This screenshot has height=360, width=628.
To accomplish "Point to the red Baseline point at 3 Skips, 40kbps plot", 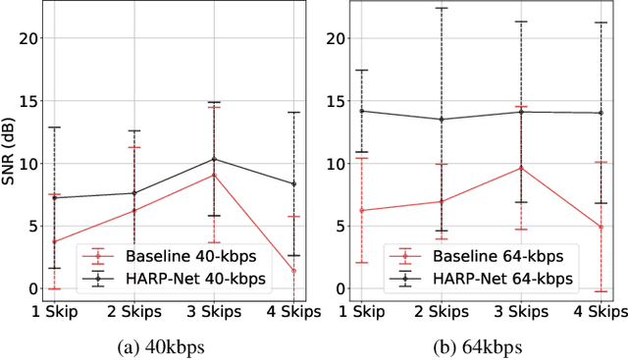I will coord(214,175).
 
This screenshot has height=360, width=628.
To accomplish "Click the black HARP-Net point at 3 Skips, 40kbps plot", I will coord(214,159).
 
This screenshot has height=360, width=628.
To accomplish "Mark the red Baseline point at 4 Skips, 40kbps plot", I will coord(293,271).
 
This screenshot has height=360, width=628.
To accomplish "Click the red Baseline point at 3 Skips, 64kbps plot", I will coord(521,168).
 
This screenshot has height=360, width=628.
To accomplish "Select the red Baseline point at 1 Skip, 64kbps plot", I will coord(362,210).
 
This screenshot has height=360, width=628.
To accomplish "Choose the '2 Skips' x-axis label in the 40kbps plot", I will coord(134,313).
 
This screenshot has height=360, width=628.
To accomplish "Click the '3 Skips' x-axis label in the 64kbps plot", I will coord(521,313).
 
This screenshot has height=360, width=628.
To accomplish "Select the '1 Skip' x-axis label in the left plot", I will coord(54,313).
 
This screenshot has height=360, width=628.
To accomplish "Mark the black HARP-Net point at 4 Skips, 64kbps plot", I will coord(601,113).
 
